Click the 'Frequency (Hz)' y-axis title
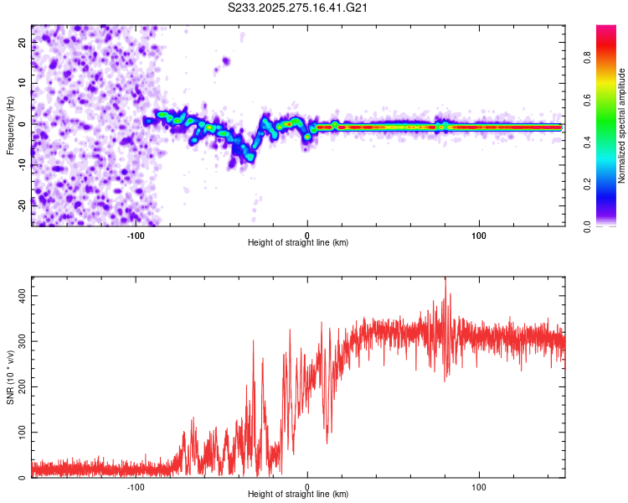(x=10, y=126)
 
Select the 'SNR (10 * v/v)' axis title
(x=10, y=377)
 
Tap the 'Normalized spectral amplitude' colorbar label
(x=622, y=126)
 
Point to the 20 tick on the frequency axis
(x=23, y=44)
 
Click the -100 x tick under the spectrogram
(x=136, y=234)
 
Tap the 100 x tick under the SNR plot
(x=480, y=486)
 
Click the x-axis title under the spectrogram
(x=298, y=242)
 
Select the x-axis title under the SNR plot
(x=298, y=495)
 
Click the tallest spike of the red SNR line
(x=445, y=279)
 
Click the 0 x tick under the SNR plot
(x=307, y=486)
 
